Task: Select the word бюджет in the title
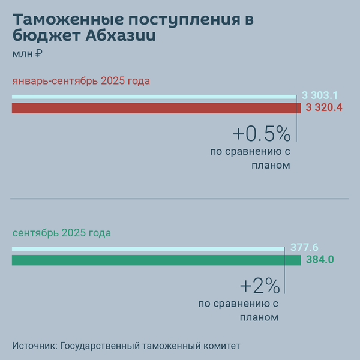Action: click(47, 37)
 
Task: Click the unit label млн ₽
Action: click(26, 54)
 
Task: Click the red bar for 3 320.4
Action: click(156, 108)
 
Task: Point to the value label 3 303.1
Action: click(320, 95)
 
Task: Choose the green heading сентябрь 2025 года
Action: click(62, 233)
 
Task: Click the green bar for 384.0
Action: click(156, 260)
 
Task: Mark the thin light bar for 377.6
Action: click(148, 248)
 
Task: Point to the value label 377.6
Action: click(304, 247)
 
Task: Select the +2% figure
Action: click(259, 285)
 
